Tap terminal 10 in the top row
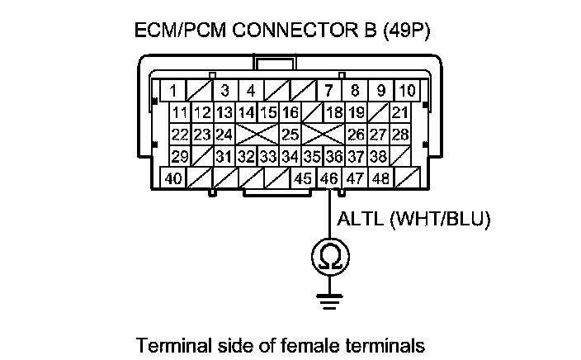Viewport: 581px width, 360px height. [406, 90]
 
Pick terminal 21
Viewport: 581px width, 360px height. [400, 112]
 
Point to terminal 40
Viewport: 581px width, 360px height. [173, 178]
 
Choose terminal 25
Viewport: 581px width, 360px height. [290, 134]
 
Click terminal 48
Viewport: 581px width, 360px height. [380, 178]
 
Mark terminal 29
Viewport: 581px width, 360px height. [179, 156]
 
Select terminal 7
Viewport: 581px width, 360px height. [329, 90]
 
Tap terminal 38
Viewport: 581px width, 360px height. [378, 156]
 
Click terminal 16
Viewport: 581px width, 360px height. [290, 112]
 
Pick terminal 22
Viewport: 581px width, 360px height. [179, 134]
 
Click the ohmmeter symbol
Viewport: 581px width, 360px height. [329, 257]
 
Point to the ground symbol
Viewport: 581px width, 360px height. [329, 301]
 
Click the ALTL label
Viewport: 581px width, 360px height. [360, 219]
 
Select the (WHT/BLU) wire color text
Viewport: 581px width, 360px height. [441, 219]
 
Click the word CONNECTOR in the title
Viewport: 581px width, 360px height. [283, 31]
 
